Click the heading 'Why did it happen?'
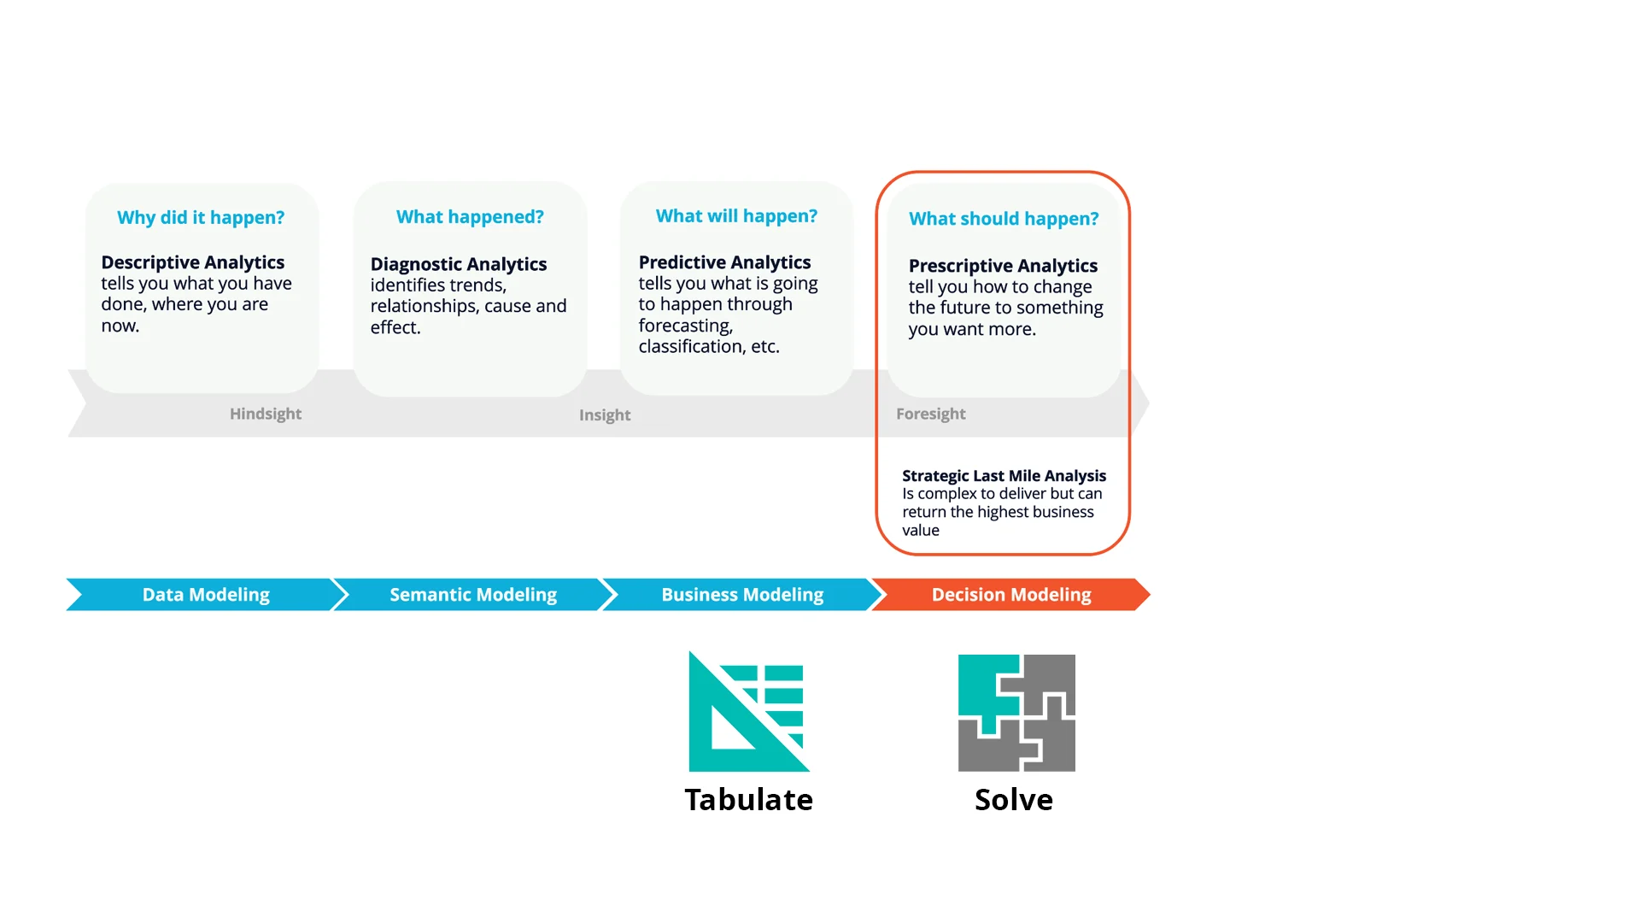coord(201,218)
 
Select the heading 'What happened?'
coord(470,217)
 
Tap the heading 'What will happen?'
coord(736,216)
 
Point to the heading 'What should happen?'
coord(1004,219)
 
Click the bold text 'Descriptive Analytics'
coord(193,262)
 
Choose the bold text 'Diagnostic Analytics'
coord(459,264)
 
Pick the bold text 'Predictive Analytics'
coord(724,262)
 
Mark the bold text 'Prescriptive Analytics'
coord(1003,266)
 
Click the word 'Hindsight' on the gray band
coord(266,414)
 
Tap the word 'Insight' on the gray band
coord(605,415)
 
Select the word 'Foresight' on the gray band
coord(931,414)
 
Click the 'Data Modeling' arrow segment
coord(206,595)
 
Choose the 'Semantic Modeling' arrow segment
coord(473,595)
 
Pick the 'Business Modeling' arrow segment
coord(742,595)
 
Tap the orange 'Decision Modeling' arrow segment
coord(1011,595)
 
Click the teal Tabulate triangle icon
coord(748,712)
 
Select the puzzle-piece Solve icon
coord(1016,713)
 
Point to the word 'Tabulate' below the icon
coord(749,800)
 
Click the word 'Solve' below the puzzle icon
coord(1014,800)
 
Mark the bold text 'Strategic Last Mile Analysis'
coord(1004,476)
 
